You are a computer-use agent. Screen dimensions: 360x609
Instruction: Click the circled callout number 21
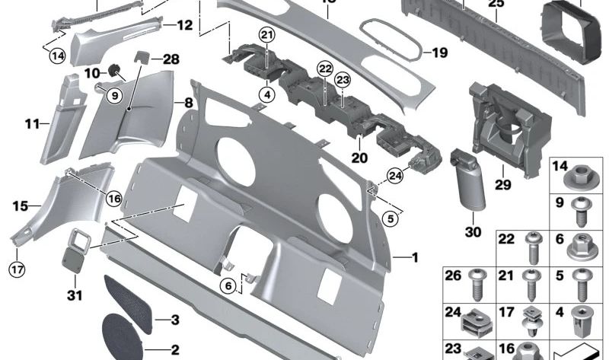point(266,35)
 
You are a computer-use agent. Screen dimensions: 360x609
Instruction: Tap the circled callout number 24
point(394,176)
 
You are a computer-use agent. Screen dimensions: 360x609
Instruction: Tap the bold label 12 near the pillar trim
point(184,25)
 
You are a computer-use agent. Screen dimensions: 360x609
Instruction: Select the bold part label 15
point(20,205)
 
